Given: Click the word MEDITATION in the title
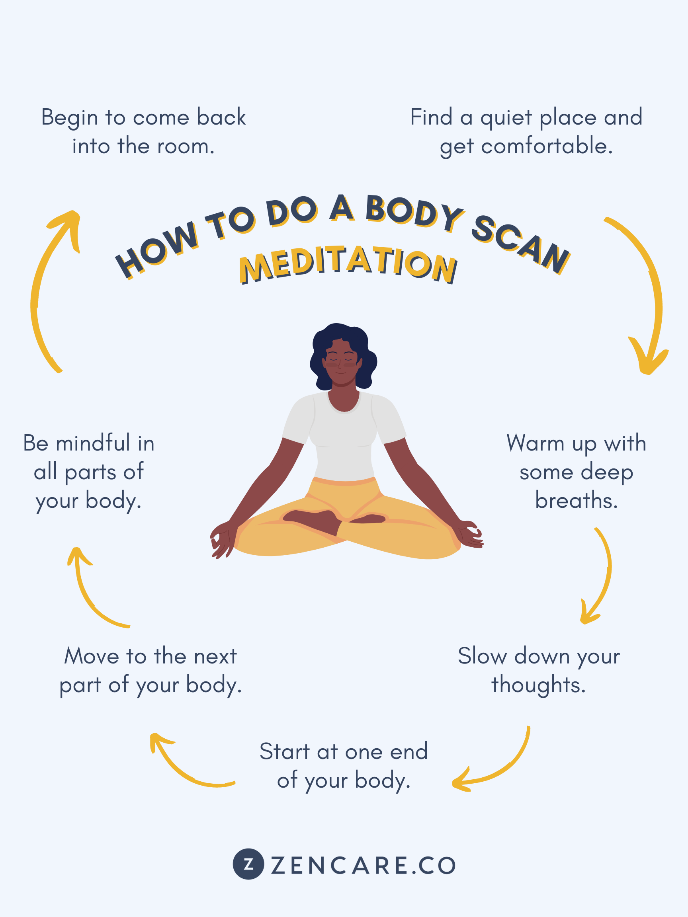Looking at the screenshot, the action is click(348, 265).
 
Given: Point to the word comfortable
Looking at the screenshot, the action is click(547, 146).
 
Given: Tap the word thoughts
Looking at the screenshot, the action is click(538, 685).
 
